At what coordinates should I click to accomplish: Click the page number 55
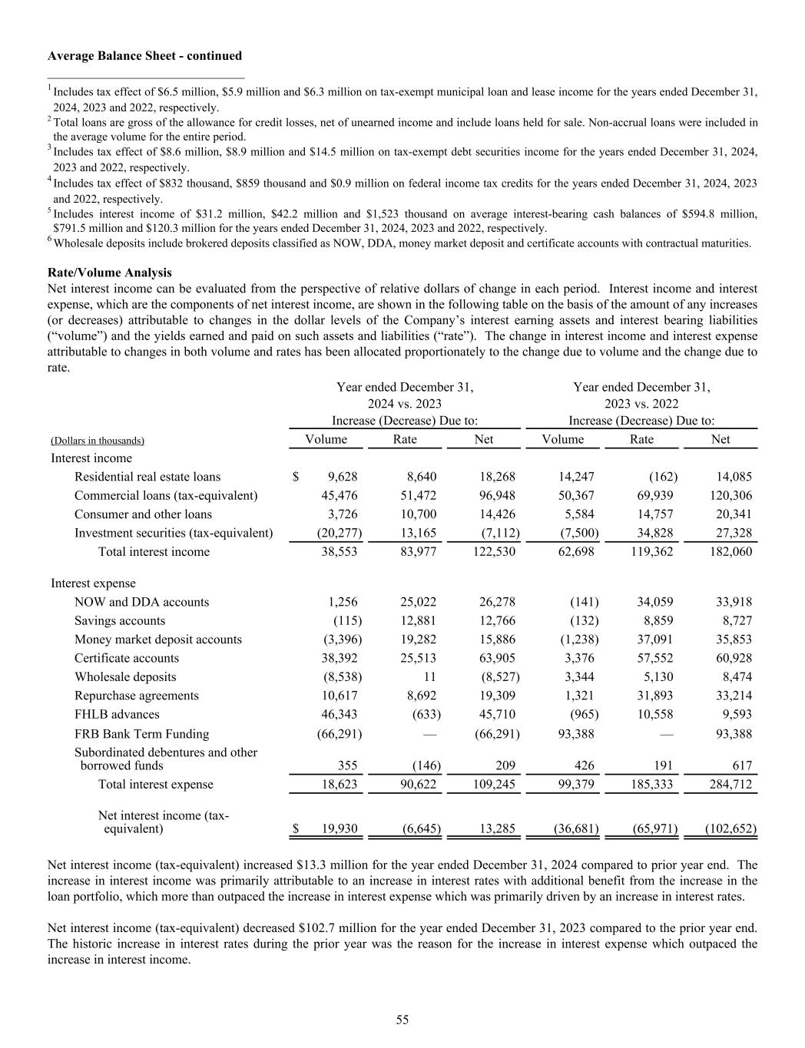point(402,1020)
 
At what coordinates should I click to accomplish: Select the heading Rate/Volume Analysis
point(109,273)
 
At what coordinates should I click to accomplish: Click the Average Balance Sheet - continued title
point(144,56)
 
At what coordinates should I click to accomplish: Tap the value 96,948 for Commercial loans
point(497,496)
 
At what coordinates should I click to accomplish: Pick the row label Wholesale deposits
point(125,677)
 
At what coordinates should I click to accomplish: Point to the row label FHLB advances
point(117,715)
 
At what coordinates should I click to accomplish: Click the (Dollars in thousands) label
point(98,441)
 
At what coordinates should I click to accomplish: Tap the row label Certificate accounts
point(127,659)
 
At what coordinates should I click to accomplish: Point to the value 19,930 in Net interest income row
point(339,829)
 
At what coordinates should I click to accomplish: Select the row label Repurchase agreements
point(136,696)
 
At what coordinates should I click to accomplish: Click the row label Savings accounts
point(120,621)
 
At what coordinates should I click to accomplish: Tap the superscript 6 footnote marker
point(50,240)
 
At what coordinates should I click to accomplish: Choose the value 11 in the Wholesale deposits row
point(429,677)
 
